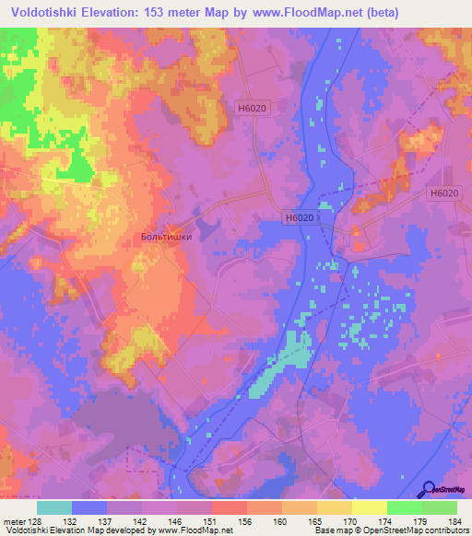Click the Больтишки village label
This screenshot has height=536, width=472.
[x=166, y=237]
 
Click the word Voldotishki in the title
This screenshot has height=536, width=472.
[x=47, y=12]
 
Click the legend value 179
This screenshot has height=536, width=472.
[x=420, y=520]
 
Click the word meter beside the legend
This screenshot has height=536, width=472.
[x=14, y=520]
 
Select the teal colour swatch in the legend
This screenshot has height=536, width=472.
[x=54, y=507]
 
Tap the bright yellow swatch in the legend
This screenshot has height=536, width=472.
[x=370, y=507]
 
